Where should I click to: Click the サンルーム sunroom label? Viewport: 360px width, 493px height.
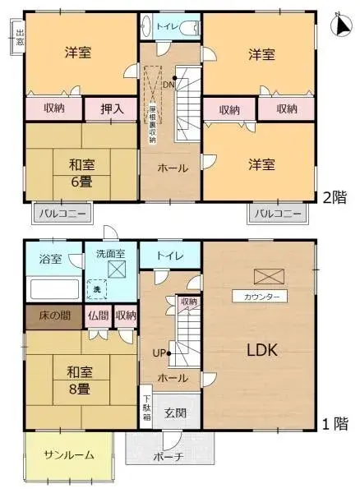pos(68,455)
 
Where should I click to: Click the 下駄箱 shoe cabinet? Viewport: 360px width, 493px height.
pos(146,408)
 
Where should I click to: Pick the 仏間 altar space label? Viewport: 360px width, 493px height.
pos(99,315)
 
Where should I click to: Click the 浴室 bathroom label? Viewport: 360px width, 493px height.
pos(50,259)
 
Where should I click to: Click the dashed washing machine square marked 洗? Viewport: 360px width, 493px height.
pos(97,289)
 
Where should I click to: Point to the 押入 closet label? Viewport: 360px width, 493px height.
pos(112,108)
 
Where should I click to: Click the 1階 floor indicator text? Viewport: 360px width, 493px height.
pos(335,425)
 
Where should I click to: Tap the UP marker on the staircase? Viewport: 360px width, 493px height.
pos(159,353)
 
